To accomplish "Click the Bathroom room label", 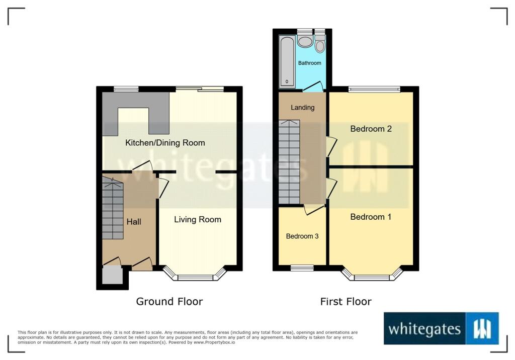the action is point(309,63).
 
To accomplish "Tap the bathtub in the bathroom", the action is point(287,61).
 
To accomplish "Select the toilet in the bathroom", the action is point(319,44).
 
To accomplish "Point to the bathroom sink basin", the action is point(305,42).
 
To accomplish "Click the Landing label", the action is point(302,108).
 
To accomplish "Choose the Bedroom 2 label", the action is point(371,129).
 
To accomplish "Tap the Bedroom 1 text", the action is point(371,217).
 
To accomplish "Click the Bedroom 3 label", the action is point(302,236).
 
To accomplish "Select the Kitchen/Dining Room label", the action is point(165,143).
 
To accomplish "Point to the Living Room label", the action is point(198,219).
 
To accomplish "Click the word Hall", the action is point(134,222).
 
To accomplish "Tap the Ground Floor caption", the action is point(169,301).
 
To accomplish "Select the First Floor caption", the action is point(346,301).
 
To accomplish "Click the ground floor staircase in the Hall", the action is point(113,208).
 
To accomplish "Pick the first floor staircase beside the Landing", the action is point(289,162).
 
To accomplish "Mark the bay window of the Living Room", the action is point(196,275).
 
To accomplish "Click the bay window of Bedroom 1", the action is point(372,275).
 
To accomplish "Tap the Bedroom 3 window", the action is point(302,268).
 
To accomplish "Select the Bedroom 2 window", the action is point(374,89).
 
